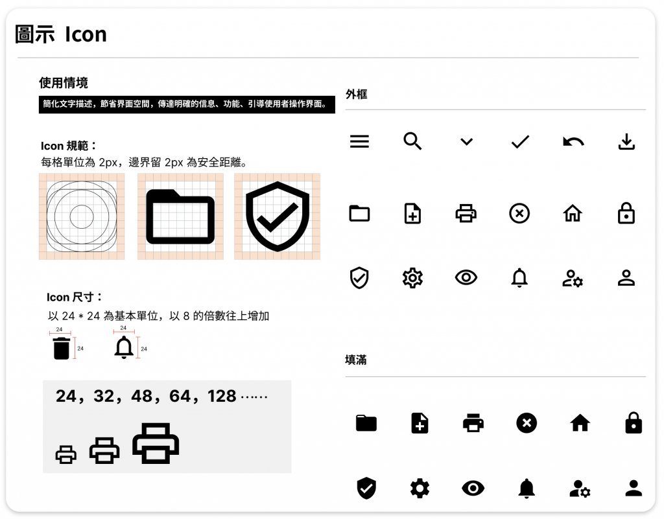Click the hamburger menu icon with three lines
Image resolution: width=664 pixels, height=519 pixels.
pos(359,141)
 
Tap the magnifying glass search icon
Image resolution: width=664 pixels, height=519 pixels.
pos(412,141)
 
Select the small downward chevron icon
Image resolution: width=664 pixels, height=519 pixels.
pos(466,142)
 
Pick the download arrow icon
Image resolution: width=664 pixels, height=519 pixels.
pos(626,142)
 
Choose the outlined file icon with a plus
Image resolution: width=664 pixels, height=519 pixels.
pos(412,213)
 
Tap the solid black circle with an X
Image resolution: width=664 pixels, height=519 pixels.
pos(527,423)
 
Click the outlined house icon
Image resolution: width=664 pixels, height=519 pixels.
pos(573,213)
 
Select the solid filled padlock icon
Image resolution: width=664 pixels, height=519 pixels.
pos(634,422)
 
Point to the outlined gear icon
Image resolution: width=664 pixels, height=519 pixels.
pos(412,278)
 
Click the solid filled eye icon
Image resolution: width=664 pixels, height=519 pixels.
pos(473,488)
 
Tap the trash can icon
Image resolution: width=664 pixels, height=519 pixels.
pos(62,348)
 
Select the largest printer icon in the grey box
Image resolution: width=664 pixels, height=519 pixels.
pos(156,443)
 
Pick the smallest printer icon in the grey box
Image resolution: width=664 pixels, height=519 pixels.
pos(66,455)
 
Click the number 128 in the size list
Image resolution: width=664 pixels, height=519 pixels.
pos(222,397)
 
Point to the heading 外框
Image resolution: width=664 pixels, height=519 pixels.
pos(356,95)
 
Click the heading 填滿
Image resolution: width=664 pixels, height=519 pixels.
pos(356,360)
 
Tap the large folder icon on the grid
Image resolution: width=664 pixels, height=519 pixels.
pos(180,217)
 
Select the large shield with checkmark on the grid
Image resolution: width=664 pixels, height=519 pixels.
pos(278,216)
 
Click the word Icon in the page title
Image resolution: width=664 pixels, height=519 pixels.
pos(86,34)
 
